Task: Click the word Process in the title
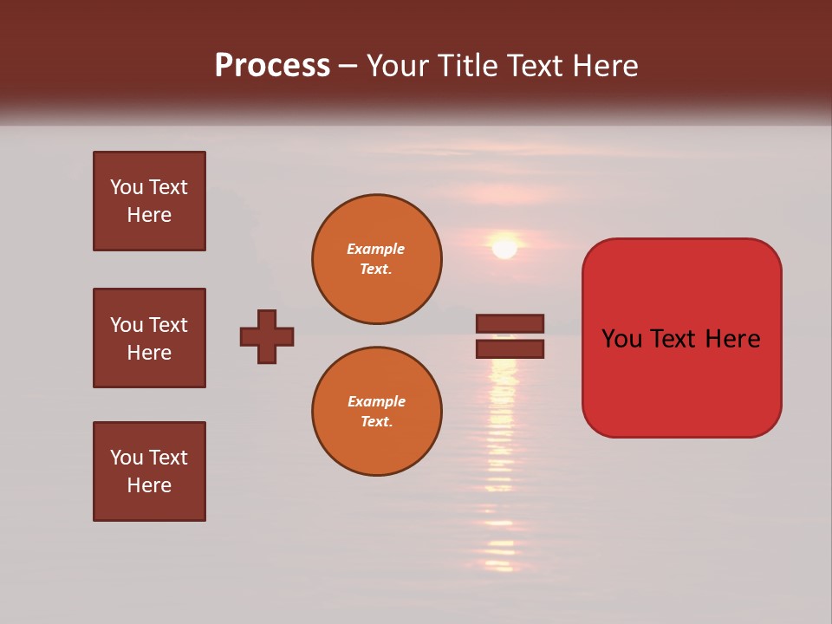[272, 66]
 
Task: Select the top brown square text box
[149, 201]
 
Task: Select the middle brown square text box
[149, 338]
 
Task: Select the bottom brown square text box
[149, 471]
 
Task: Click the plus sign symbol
[267, 336]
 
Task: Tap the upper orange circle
[377, 259]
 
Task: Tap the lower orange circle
[377, 412]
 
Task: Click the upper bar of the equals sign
[510, 323]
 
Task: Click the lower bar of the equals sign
[510, 349]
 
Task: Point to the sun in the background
[504, 248]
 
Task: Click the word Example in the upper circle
[375, 249]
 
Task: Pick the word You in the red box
[622, 339]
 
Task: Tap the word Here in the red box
[732, 339]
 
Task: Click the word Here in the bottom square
[149, 485]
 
